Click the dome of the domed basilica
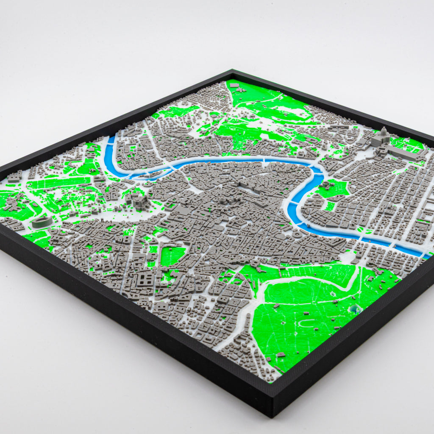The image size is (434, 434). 384,133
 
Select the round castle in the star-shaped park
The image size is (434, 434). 325,185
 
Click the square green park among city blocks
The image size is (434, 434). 172,256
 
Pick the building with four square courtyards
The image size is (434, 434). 145,278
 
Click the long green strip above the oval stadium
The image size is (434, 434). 59,183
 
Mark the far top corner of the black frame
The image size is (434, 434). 232,71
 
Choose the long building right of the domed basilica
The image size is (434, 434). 403,153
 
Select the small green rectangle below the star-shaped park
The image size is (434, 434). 329,206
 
